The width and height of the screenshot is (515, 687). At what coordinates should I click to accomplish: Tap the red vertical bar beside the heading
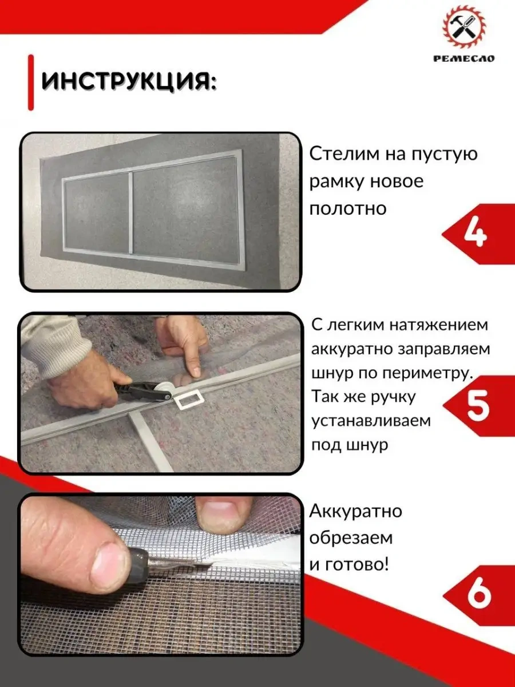point(31,82)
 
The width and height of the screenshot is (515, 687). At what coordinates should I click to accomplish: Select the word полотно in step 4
point(348,209)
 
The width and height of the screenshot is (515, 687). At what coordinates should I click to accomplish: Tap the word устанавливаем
point(371,421)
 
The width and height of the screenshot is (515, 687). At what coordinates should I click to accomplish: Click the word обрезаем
point(351,538)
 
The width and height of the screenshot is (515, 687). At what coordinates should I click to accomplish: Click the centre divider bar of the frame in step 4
point(130,213)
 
